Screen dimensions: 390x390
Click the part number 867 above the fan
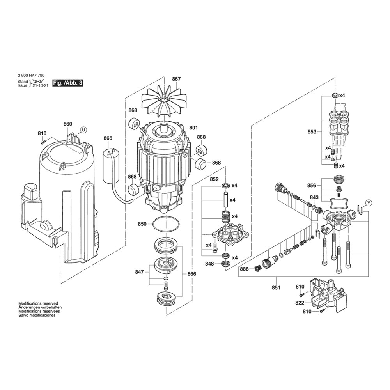pyautogui.click(x=176, y=79)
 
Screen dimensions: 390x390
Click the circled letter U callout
pyautogui.click(x=84, y=130)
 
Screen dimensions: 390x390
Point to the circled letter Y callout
pyautogui.click(x=369, y=203)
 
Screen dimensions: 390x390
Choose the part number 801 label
pyautogui.click(x=193, y=128)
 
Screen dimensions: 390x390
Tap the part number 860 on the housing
pyautogui.click(x=67, y=124)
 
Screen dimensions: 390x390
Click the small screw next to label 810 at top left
pyautogui.click(x=42, y=142)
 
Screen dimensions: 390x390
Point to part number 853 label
pyautogui.click(x=312, y=131)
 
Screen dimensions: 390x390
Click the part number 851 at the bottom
pyautogui.click(x=276, y=288)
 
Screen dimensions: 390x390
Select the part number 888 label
pyautogui.click(x=244, y=269)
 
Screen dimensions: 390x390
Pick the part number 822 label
pyautogui.click(x=300, y=303)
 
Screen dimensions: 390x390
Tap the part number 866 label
pyautogui.click(x=192, y=274)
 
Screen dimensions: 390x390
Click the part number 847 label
pyautogui.click(x=140, y=272)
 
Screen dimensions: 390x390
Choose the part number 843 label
pyautogui.click(x=314, y=197)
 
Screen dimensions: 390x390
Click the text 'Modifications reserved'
pyautogui.click(x=38, y=303)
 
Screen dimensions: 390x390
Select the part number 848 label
pyautogui.click(x=210, y=264)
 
